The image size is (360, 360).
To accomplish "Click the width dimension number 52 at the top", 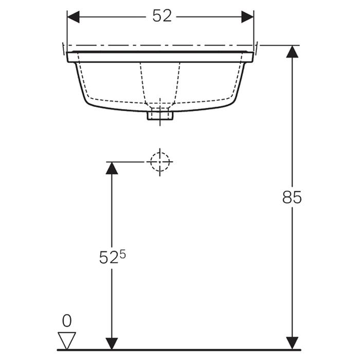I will pos(161,16).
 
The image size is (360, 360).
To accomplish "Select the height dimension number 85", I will pos(292,197).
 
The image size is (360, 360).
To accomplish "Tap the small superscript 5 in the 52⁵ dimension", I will pos(122,253).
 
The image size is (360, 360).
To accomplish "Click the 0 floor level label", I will pos(67,321).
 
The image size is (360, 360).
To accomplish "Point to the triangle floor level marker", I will pos(67,340).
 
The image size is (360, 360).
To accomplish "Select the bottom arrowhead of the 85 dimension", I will pos(292,343).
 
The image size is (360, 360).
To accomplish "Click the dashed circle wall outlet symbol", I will pos(160,161).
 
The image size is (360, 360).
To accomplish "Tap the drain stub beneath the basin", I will pos(160,116).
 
